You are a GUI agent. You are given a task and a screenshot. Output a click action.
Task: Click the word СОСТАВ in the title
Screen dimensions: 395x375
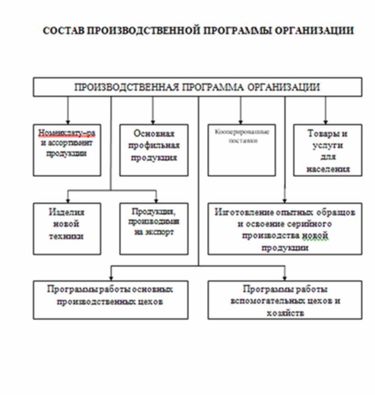(63, 31)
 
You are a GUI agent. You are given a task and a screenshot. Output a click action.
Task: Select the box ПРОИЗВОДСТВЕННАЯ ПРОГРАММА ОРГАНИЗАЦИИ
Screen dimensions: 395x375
(197, 87)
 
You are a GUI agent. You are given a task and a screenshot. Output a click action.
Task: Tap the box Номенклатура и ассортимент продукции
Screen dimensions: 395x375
(67, 150)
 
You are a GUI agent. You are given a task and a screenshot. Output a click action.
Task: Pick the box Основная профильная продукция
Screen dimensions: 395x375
(154, 150)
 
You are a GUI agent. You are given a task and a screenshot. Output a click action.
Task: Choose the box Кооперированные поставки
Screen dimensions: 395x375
(242, 150)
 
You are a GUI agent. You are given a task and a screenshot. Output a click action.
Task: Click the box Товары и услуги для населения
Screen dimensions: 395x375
(328, 150)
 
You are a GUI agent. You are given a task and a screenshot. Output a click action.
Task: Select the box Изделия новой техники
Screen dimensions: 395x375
(67, 229)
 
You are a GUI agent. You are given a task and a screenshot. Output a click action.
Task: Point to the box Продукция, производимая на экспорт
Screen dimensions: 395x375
(154, 229)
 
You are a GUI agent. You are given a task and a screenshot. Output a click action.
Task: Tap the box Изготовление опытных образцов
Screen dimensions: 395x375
(284, 229)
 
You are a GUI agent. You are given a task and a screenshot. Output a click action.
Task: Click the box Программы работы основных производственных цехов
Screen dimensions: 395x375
(110, 299)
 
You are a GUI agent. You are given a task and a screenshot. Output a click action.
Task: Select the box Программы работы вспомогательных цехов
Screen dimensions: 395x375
(284, 299)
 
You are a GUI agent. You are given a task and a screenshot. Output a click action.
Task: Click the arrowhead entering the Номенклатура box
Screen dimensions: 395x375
(68, 121)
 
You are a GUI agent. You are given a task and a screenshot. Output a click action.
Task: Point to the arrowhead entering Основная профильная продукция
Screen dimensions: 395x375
(153, 121)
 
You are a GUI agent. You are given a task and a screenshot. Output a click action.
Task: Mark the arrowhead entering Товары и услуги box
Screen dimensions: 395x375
(326, 121)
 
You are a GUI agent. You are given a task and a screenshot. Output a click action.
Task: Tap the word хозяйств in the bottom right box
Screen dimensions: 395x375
(284, 313)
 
